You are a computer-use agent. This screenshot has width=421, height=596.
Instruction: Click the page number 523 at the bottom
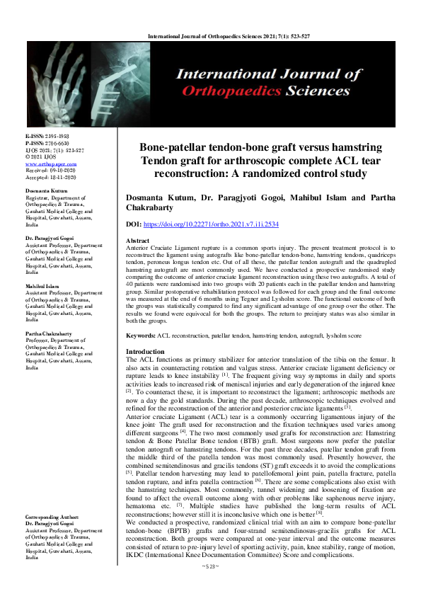[211, 585]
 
